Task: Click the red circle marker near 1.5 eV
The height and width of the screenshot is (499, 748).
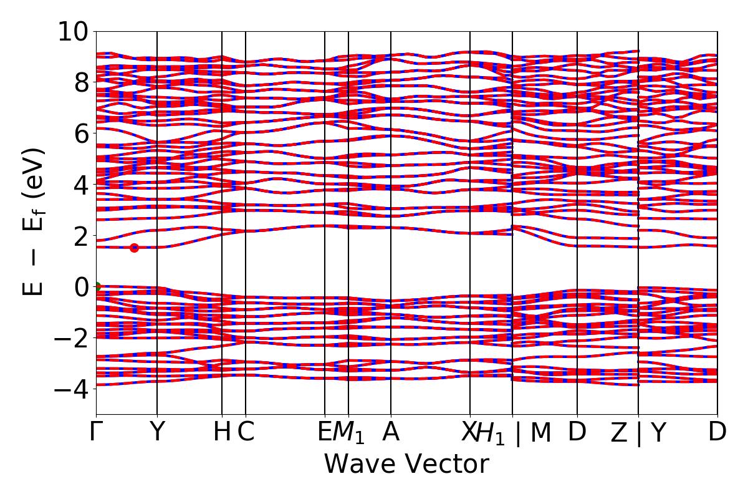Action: click(x=134, y=248)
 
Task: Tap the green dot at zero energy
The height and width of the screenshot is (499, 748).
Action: click(x=97, y=287)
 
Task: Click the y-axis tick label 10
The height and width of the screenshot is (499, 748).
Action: click(x=74, y=31)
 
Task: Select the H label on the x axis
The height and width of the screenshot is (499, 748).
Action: click(x=222, y=432)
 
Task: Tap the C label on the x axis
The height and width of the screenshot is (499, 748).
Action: click(x=246, y=432)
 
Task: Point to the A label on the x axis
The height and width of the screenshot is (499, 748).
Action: click(x=391, y=432)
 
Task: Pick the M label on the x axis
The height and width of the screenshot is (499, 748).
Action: click(x=541, y=432)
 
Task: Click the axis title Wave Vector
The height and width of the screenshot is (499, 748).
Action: click(x=406, y=465)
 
